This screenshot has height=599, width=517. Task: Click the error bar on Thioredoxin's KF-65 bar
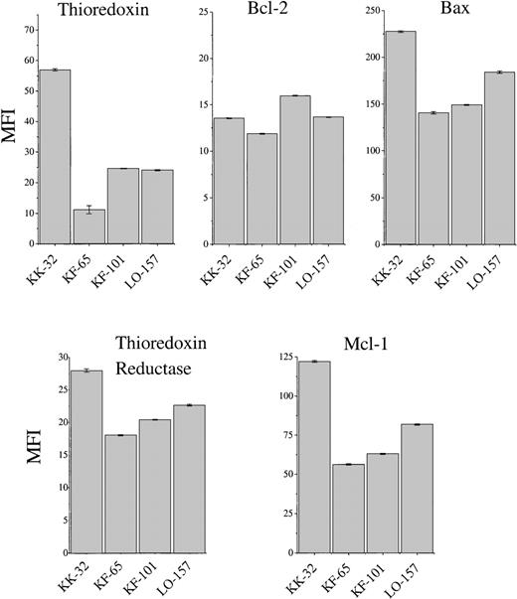pos(88,210)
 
